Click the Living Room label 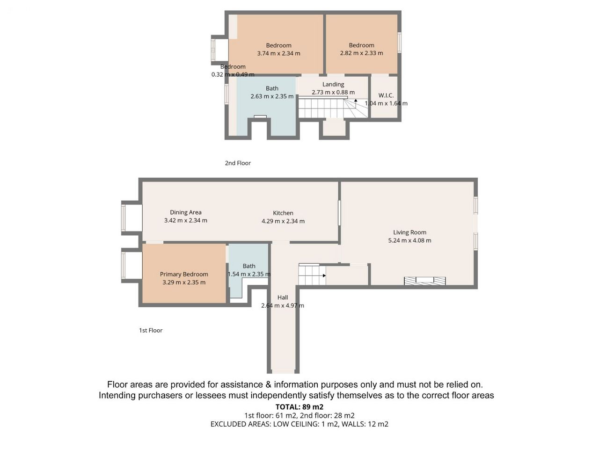tap(409, 232)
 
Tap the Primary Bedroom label tap(184, 274)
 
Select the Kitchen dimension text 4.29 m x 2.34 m tap(283, 221)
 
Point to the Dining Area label tap(186, 212)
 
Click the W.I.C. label tap(386, 95)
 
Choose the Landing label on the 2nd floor tap(333, 85)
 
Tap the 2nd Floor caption tap(238, 163)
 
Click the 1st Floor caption tap(151, 330)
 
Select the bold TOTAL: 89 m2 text tap(299, 407)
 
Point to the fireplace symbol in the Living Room tap(424, 281)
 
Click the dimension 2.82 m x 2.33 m tap(361, 53)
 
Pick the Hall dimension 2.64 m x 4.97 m tap(283, 305)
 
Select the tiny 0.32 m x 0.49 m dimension tap(233, 74)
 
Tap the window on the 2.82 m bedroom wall tap(399, 43)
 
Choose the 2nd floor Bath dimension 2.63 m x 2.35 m tap(272, 96)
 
